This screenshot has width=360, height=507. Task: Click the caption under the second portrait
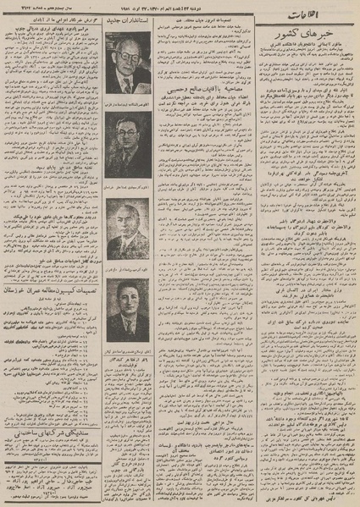128,185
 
